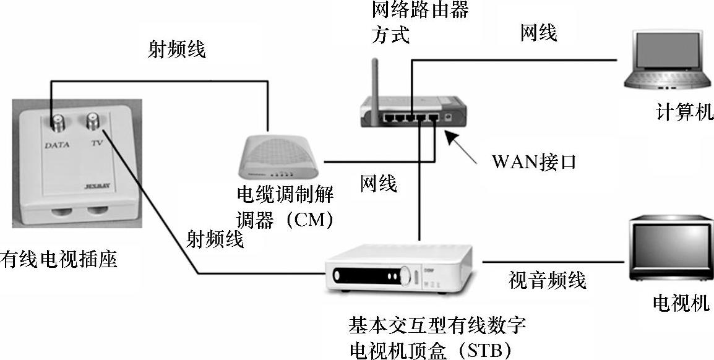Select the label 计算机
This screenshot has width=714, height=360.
coord(684,113)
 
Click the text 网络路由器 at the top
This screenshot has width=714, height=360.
coord(419,10)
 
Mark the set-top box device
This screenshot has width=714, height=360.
coord(399,268)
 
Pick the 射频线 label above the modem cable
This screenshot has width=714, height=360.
coord(176,49)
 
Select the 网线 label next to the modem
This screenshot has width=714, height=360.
coord(379,183)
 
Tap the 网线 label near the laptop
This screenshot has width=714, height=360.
coord(538,33)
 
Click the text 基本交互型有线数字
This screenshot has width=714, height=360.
coord(437,325)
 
